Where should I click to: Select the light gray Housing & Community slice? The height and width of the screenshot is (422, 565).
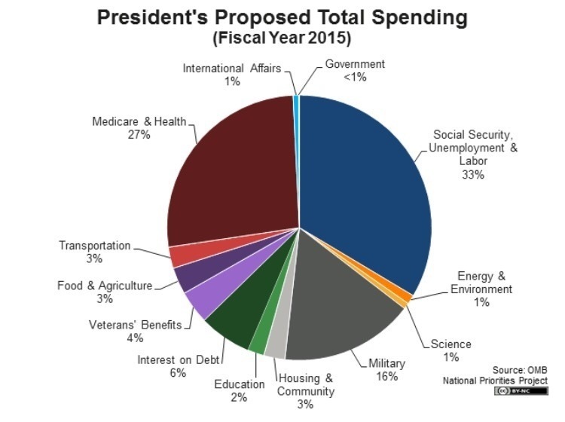pos(276,344)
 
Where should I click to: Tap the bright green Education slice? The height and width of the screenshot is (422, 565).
pos(258,341)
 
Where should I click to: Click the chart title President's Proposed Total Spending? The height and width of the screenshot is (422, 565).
pos(282,17)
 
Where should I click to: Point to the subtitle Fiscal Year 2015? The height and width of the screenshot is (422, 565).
pos(282,37)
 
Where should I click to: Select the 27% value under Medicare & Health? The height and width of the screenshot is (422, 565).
pos(139,135)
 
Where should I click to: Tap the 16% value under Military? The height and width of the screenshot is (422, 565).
pos(386,376)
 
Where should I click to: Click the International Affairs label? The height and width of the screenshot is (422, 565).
pos(231,69)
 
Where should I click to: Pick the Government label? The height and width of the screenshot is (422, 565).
pos(355,64)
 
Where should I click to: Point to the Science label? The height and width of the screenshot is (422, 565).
pos(450,344)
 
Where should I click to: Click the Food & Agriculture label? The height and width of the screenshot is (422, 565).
pos(105,286)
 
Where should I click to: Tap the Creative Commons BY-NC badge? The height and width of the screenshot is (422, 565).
pos(521,391)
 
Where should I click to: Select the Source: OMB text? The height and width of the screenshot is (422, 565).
pos(520,369)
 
